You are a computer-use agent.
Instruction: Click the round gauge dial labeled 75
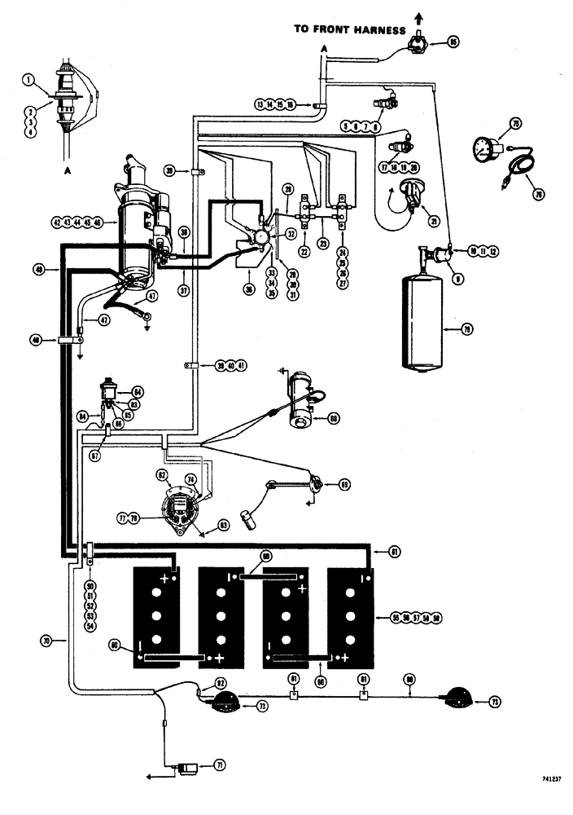pyautogui.click(x=486, y=149)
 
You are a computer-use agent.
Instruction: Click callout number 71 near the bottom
pyautogui.click(x=221, y=765)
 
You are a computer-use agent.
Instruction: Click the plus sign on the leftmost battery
pyautogui.click(x=166, y=579)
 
